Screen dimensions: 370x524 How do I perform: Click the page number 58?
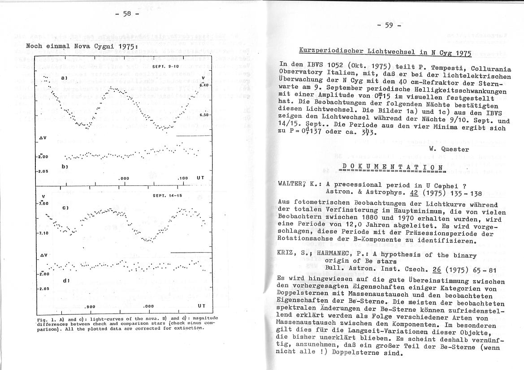tap(127, 13)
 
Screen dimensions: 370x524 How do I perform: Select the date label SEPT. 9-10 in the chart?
tap(166, 67)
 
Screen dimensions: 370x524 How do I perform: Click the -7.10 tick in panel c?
tap(43, 233)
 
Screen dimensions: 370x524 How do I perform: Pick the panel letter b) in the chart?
tap(65, 167)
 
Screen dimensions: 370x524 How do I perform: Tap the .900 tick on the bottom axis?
tap(90, 306)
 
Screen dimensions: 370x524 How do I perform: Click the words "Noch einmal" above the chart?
tap(45, 46)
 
